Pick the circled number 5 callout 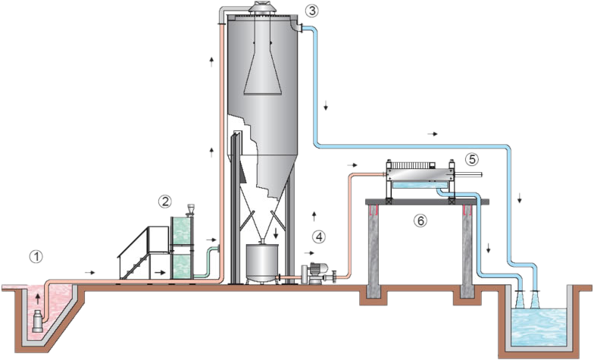(471, 159)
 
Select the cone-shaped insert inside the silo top (264, 68)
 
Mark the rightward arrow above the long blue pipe (432, 133)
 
